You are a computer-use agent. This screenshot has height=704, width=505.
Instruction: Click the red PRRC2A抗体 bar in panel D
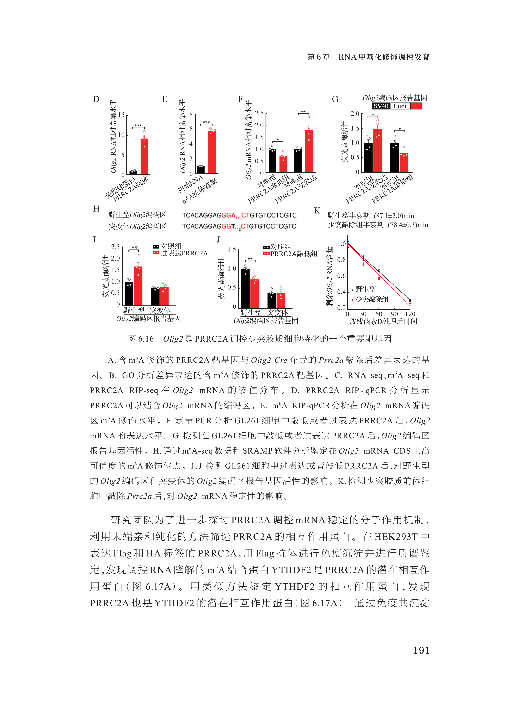(x=144, y=156)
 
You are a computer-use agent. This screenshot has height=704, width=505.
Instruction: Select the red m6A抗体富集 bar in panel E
(x=212, y=152)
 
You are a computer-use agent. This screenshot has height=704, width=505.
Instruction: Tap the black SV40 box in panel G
(x=381, y=106)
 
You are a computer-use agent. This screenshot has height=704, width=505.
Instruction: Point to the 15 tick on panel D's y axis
(x=121, y=115)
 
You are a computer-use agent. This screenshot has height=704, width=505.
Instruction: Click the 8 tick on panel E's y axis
(x=191, y=114)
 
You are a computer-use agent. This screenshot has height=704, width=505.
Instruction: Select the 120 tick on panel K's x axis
(x=410, y=314)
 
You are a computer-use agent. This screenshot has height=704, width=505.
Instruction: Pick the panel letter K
(x=317, y=211)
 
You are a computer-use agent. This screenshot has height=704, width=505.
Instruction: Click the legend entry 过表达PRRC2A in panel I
(x=184, y=253)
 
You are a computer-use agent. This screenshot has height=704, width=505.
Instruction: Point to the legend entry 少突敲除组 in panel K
(x=372, y=299)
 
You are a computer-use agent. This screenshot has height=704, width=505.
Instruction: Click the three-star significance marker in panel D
(x=138, y=126)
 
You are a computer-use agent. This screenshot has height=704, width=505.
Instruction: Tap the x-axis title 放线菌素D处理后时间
(x=383, y=322)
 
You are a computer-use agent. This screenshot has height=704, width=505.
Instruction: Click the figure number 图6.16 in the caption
(x=141, y=339)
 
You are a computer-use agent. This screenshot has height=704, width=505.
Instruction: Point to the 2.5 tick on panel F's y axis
(x=259, y=113)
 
